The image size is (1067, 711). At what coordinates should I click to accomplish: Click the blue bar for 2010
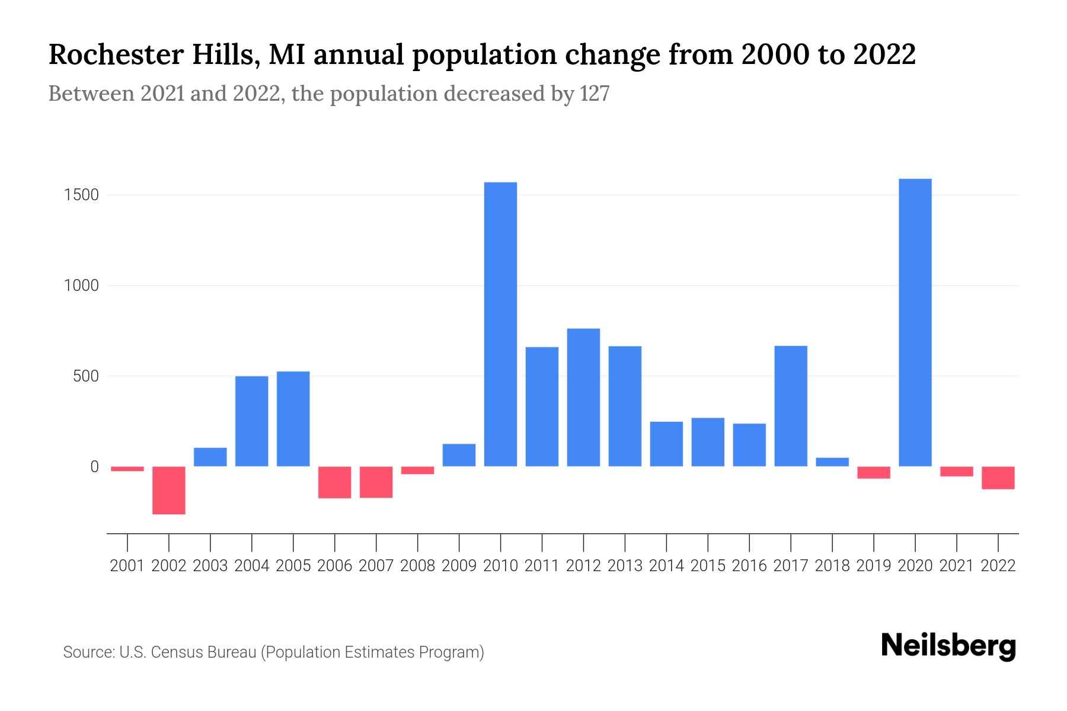(500, 324)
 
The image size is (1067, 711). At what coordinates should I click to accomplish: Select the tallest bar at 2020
(915, 322)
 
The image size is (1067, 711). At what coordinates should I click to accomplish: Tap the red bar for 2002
(169, 490)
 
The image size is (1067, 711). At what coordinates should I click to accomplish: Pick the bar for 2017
(791, 406)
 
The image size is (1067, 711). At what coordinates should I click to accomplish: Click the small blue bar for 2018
(832, 462)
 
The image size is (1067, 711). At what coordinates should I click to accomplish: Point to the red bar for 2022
(998, 478)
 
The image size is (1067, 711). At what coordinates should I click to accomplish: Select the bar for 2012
(583, 397)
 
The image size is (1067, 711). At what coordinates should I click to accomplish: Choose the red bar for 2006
(335, 482)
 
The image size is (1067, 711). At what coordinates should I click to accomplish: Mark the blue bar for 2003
(210, 457)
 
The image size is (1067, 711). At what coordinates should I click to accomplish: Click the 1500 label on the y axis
(81, 195)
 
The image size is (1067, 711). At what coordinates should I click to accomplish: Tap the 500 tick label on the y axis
(85, 376)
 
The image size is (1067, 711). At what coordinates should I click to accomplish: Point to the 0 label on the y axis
(94, 467)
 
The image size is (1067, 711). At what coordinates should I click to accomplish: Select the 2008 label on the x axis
(417, 566)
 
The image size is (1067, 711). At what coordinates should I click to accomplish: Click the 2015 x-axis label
(708, 566)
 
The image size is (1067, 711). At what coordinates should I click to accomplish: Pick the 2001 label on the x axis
(127, 566)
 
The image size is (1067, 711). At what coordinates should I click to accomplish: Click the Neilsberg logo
(948, 646)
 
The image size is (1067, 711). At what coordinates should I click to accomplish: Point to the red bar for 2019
(873, 472)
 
